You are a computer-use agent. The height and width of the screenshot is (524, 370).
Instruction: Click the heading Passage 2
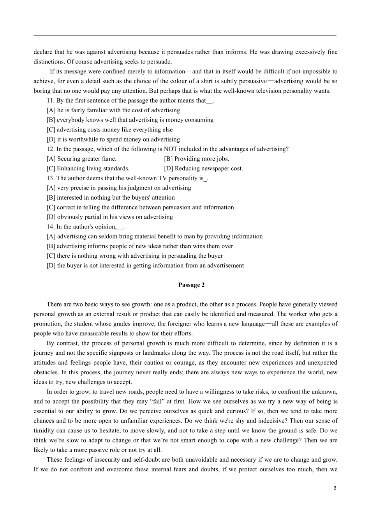(x=191, y=285)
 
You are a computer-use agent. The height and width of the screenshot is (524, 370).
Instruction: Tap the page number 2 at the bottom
(x=335, y=488)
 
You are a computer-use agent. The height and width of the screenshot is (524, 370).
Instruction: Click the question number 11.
(x=50, y=101)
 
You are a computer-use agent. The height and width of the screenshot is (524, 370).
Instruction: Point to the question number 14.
(x=50, y=227)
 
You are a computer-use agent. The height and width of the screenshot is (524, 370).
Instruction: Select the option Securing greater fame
(x=81, y=159)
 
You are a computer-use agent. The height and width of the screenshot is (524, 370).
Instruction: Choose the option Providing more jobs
(x=197, y=159)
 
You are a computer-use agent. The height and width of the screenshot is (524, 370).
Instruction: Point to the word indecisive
(x=278, y=421)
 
